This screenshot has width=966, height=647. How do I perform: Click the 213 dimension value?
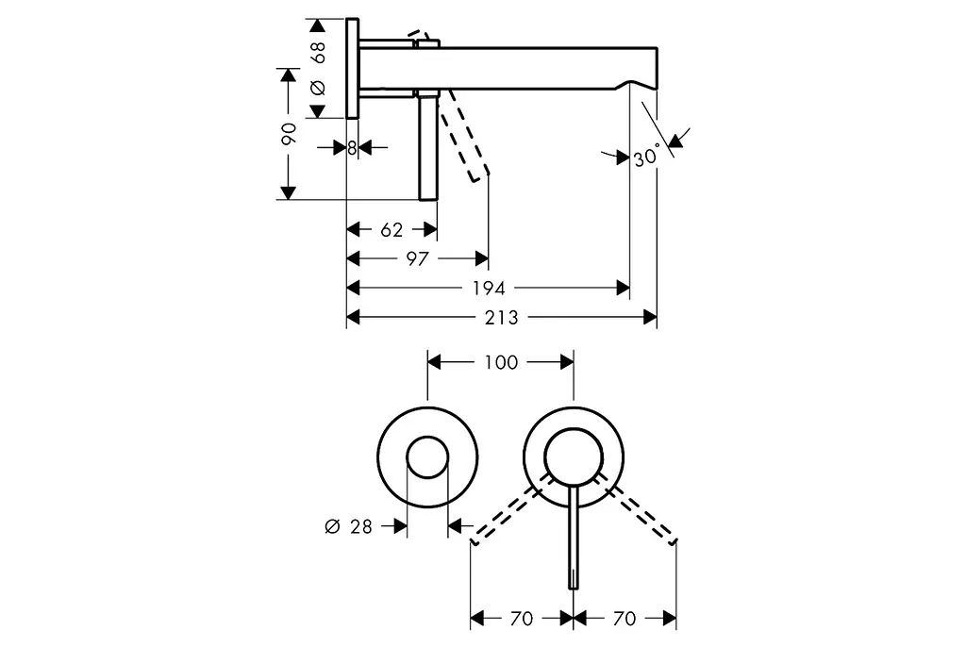pos(502,318)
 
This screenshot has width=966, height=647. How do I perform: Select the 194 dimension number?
pos(489,289)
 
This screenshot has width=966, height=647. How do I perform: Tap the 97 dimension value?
pos(417,258)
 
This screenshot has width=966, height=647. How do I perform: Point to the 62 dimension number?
pos(391,230)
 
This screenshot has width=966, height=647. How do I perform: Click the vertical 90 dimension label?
pos(289,134)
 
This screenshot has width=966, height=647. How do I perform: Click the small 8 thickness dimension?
pos(352,148)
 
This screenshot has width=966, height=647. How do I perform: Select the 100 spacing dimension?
pos(501,362)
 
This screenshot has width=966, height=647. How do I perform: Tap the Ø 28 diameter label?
pos(349,527)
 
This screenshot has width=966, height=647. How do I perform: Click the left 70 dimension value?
pos(522,619)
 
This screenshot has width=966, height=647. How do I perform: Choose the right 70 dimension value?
pos(625,619)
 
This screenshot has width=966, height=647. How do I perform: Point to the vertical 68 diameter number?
pos(318,53)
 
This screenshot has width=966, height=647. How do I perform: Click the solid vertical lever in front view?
pos(574,536)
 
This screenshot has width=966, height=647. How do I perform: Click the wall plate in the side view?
pos(353,69)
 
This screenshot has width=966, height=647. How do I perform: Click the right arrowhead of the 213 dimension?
pos(650,318)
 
